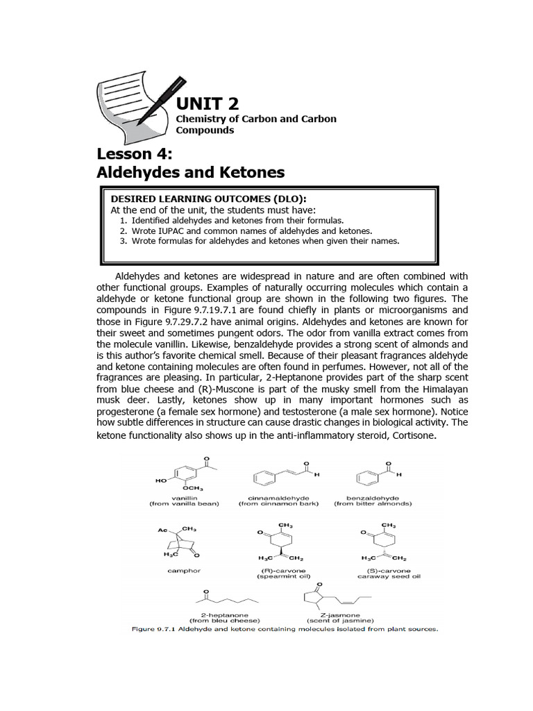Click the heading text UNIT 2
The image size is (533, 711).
pos(207,104)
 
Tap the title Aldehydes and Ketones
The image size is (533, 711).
pos(190,172)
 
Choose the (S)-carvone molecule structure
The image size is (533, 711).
pos(384,542)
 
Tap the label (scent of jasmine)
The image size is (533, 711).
pos(339,620)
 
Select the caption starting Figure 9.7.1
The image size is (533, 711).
pos(285,629)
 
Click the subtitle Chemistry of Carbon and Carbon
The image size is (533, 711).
pos(256,119)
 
